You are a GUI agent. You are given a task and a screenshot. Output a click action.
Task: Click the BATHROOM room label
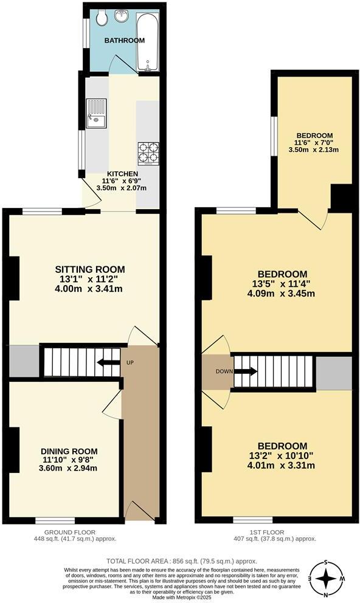pyautogui.click(x=124, y=41)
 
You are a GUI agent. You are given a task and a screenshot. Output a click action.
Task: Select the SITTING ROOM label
pyautogui.click(x=90, y=269)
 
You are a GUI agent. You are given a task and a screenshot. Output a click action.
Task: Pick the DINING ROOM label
pyautogui.click(x=69, y=451)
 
